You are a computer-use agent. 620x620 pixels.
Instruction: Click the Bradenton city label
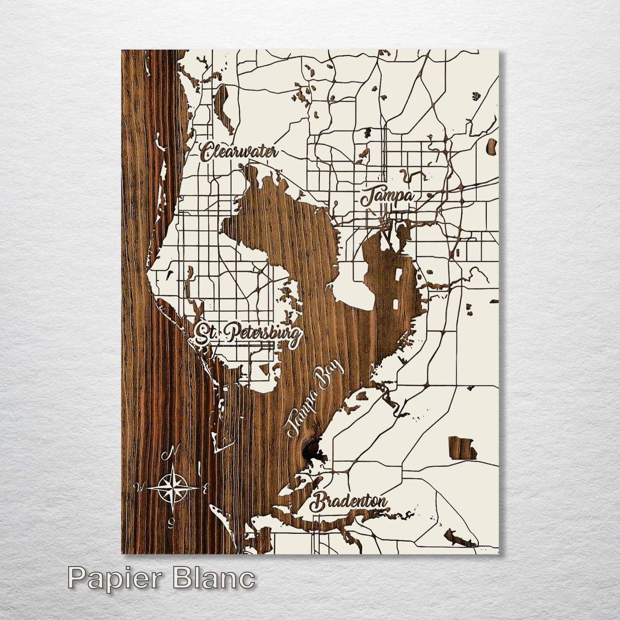349,501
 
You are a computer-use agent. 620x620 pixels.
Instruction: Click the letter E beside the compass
206,488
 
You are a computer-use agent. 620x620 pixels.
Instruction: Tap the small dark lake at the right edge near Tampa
490,148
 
